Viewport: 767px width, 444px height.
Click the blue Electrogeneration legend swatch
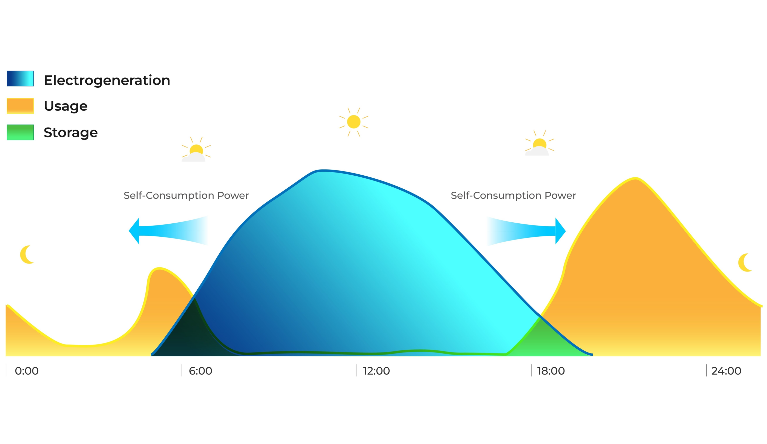pos(20,78)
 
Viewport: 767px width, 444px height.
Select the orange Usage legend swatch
pos(20,106)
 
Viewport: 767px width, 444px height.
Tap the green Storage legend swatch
pos(20,132)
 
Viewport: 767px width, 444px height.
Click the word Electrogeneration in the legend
pos(107,80)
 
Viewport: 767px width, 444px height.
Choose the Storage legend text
pos(71,133)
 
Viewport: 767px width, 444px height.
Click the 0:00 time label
pos(27,371)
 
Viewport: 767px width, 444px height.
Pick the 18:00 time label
pos(551,371)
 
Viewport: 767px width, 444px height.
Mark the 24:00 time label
pos(726,371)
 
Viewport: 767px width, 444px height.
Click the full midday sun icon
pos(354,122)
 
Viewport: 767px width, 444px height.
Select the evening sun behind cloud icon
pos(539,143)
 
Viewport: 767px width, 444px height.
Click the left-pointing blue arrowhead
pos(134,231)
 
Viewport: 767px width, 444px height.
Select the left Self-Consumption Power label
pos(186,195)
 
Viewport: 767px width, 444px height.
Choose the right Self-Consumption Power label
pos(513,195)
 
